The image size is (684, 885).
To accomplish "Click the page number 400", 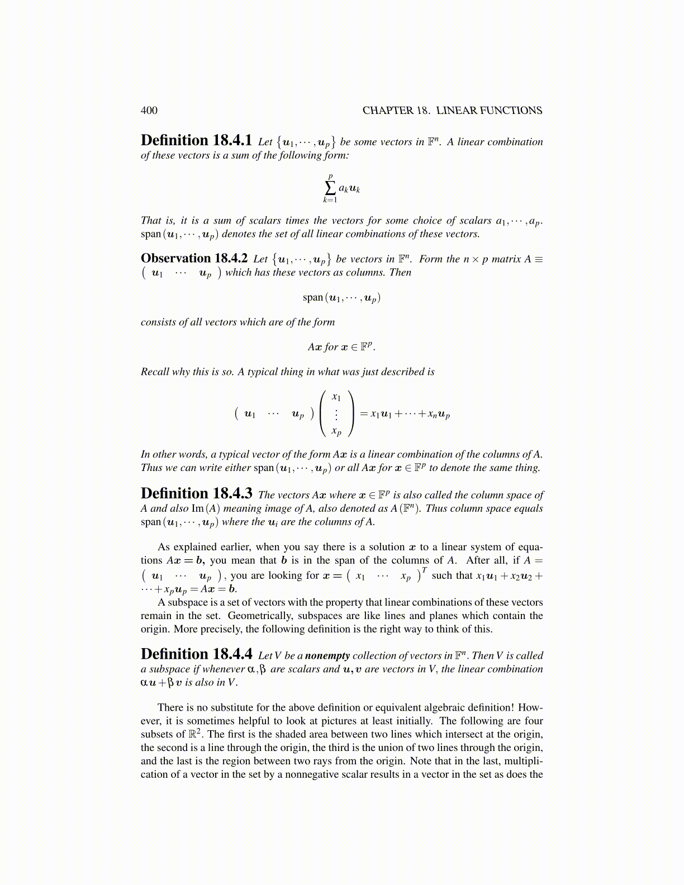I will click(149, 111).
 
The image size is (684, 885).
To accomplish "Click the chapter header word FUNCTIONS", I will click(510, 111).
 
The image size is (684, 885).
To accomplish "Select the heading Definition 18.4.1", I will click(197, 140).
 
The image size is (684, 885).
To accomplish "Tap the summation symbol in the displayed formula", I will click(330, 188).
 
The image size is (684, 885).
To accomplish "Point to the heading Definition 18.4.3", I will click(197, 493).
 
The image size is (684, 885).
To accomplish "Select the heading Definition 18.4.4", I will click(197, 654).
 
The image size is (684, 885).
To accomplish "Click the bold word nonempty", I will click(327, 655).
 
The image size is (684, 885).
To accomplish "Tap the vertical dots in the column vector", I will click(336, 415).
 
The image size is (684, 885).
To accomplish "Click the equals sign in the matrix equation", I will click(363, 415).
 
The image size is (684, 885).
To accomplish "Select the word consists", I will click(158, 322).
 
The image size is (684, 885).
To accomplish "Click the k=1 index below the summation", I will click(330, 200).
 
